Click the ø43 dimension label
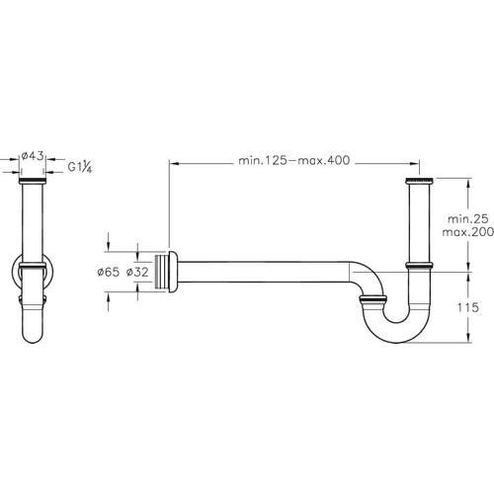(x=33, y=156)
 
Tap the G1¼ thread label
(x=80, y=167)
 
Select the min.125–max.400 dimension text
(x=294, y=161)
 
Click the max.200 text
(x=467, y=232)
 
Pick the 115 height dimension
(x=467, y=307)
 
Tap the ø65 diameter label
(x=109, y=272)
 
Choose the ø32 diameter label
(x=137, y=272)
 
